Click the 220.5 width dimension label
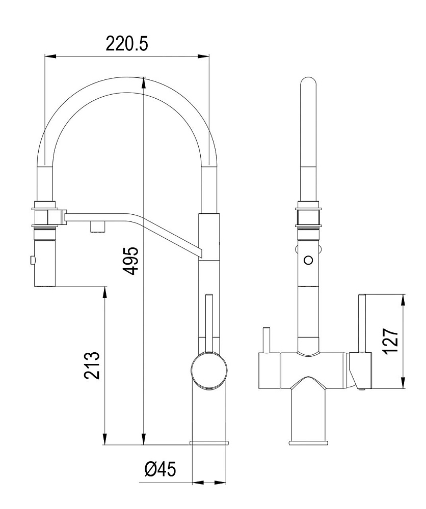click(127, 44)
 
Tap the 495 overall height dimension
click(132, 261)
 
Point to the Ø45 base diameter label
click(160, 469)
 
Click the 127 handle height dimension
click(390, 342)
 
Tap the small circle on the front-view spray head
click(308, 260)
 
